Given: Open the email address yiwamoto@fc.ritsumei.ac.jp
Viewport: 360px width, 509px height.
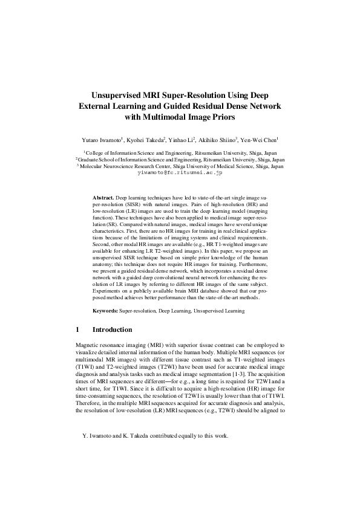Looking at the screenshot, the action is [x=180, y=172].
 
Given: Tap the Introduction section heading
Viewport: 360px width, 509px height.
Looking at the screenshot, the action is [x=112, y=330].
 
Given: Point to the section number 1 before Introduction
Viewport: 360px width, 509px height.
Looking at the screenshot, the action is [x=77, y=330].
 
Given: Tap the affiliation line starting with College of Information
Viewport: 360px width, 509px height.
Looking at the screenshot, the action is [x=180, y=154].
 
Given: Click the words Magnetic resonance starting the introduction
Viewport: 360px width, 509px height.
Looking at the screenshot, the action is [x=98, y=345].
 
